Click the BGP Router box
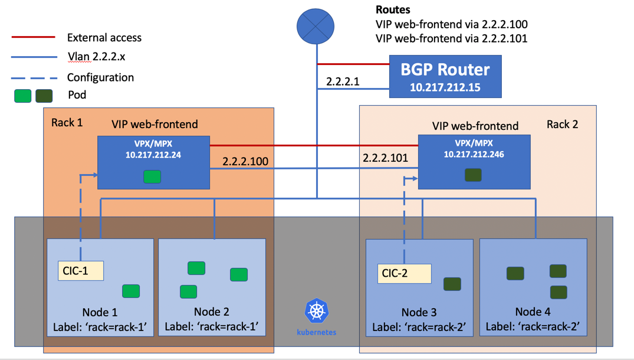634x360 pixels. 445,76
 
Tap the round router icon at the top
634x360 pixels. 316,26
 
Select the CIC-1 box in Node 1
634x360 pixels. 81,271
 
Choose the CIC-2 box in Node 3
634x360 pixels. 404,273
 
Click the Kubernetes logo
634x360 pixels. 317,312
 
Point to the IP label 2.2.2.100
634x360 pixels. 245,161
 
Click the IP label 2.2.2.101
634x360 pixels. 385,158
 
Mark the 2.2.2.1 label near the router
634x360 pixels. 343,81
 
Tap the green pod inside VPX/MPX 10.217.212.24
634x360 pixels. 152,176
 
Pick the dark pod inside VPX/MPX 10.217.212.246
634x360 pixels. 473,175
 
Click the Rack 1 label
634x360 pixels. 67,122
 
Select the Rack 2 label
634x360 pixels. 562,124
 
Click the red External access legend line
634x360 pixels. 34,37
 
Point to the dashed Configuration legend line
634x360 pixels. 34,77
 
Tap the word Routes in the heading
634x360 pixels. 393,10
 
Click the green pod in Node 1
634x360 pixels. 131,290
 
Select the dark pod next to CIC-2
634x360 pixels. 452,284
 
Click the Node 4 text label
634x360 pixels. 533,312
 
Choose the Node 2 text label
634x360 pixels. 211,312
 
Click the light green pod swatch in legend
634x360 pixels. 23,96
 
